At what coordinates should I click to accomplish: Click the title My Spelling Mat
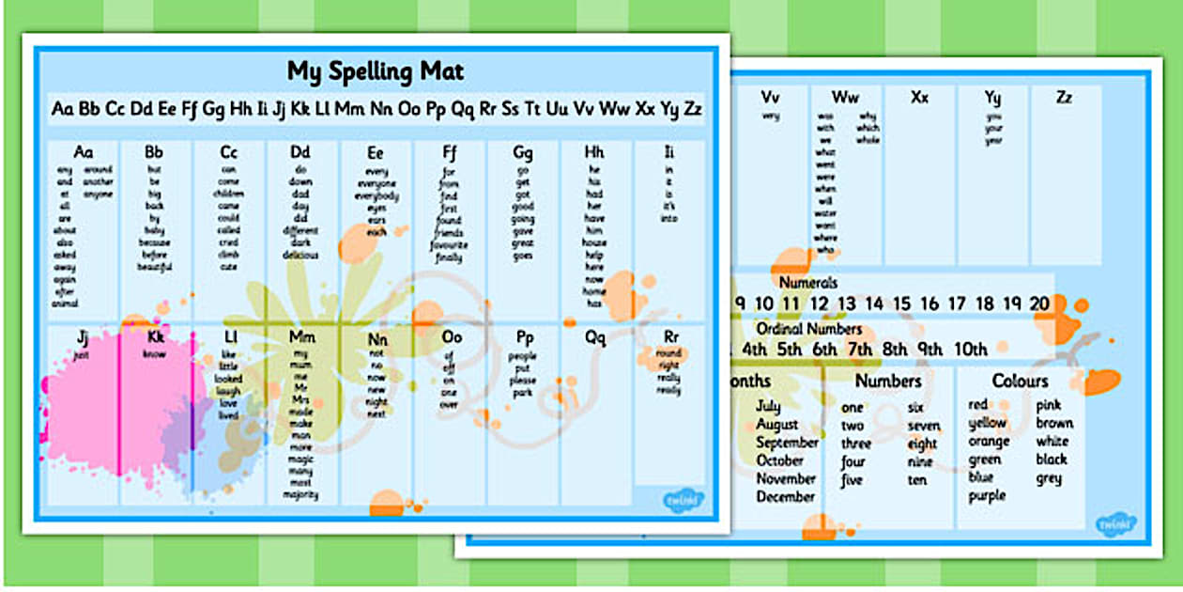coord(376,71)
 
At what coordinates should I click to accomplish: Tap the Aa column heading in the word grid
coord(84,152)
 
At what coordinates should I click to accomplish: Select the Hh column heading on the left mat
coord(594,152)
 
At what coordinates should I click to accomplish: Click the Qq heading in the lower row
coord(594,336)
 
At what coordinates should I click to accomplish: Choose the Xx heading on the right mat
coord(919,97)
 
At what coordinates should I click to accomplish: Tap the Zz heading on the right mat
coord(1064,97)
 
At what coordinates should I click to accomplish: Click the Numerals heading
coord(807,282)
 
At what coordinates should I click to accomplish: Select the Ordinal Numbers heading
coord(808,329)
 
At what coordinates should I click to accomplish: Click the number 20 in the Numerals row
coord(1038,304)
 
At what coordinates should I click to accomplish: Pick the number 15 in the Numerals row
coord(901,304)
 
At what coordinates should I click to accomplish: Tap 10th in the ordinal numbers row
coord(971,350)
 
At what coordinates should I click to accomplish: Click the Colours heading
coord(1020,381)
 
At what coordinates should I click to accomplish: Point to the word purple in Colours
coord(987,495)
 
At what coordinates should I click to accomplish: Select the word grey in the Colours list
coord(1049,478)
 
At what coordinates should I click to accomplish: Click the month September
coord(787,442)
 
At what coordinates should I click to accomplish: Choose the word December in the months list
coord(786,496)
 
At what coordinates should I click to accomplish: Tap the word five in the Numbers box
coord(852,480)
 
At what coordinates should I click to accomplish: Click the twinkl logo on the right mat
coord(1115,522)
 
